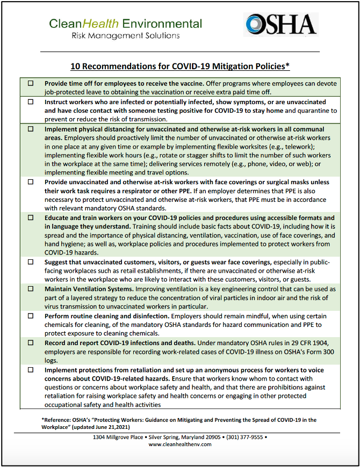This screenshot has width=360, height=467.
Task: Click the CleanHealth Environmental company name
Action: [126, 24]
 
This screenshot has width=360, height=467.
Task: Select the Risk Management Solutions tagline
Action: [126, 35]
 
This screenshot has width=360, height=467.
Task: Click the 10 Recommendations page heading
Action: [180, 66]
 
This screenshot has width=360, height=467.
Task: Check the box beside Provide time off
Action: [31, 84]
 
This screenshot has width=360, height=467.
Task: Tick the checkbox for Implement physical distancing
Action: [31, 129]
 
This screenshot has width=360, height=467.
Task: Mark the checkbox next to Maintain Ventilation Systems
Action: [31, 289]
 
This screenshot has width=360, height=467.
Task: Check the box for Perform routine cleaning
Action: [31, 316]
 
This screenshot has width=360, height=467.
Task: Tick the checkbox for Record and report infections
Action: [31, 343]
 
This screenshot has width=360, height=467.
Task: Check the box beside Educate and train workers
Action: [31, 218]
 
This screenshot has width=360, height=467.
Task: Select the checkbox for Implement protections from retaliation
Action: [31, 370]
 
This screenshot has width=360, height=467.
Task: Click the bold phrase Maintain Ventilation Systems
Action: [89, 289]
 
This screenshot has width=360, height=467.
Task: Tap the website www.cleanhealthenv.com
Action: [180, 444]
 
